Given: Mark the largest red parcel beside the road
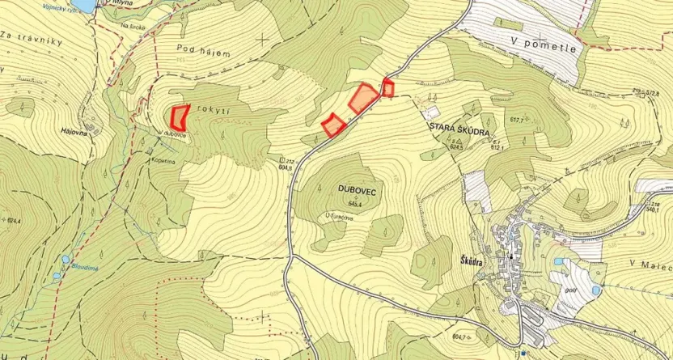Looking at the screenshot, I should [363, 98].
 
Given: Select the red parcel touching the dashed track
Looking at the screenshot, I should [387, 87].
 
